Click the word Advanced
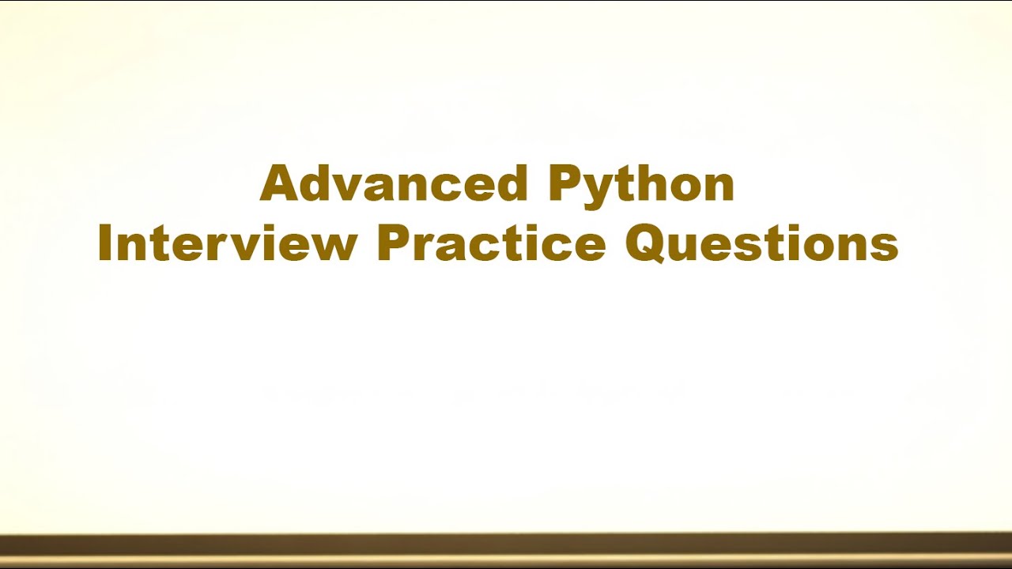pos(393,183)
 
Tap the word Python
pos(641,183)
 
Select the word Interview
pos(228,243)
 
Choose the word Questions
pos(761,243)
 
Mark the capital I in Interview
pos(104,243)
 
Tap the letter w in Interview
pos(336,247)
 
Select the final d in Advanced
pos(511,183)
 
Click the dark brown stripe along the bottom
pos(506,545)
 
